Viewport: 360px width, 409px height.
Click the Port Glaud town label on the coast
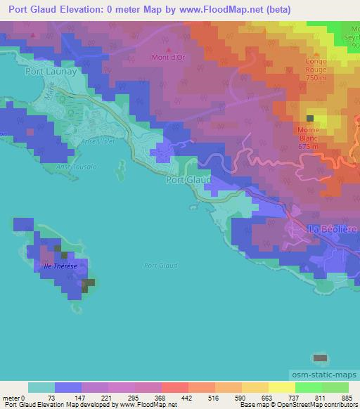188,180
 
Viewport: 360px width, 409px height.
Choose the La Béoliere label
333,229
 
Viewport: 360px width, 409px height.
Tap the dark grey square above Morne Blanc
310,118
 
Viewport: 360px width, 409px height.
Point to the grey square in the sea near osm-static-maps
320,358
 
